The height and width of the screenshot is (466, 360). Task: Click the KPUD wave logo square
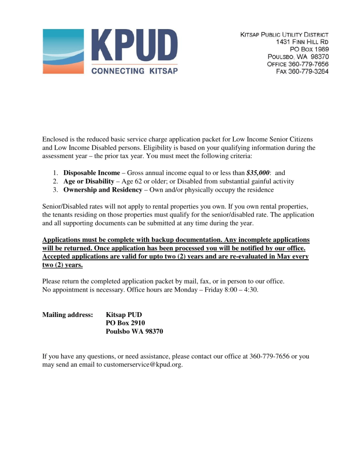[x=63, y=51]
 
